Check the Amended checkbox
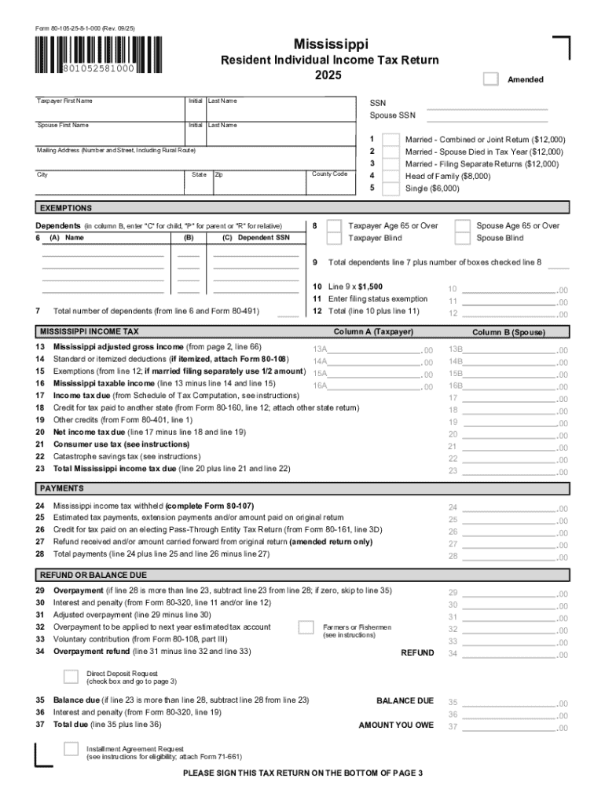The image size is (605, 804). pyautogui.click(x=490, y=79)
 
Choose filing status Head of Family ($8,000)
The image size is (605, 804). pyautogui.click(x=389, y=177)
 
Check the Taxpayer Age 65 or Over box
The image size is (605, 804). pyautogui.click(x=334, y=226)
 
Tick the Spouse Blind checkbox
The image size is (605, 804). pyautogui.click(x=463, y=238)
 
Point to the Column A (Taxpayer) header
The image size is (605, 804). pyautogui.click(x=372, y=332)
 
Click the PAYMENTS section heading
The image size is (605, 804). pyautogui.click(x=61, y=488)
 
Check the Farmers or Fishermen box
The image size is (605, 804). pyautogui.click(x=306, y=627)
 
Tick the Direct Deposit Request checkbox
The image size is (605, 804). pyautogui.click(x=71, y=677)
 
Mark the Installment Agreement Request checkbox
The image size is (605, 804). pyautogui.click(x=71, y=752)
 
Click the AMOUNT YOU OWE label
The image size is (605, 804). pyautogui.click(x=396, y=725)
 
